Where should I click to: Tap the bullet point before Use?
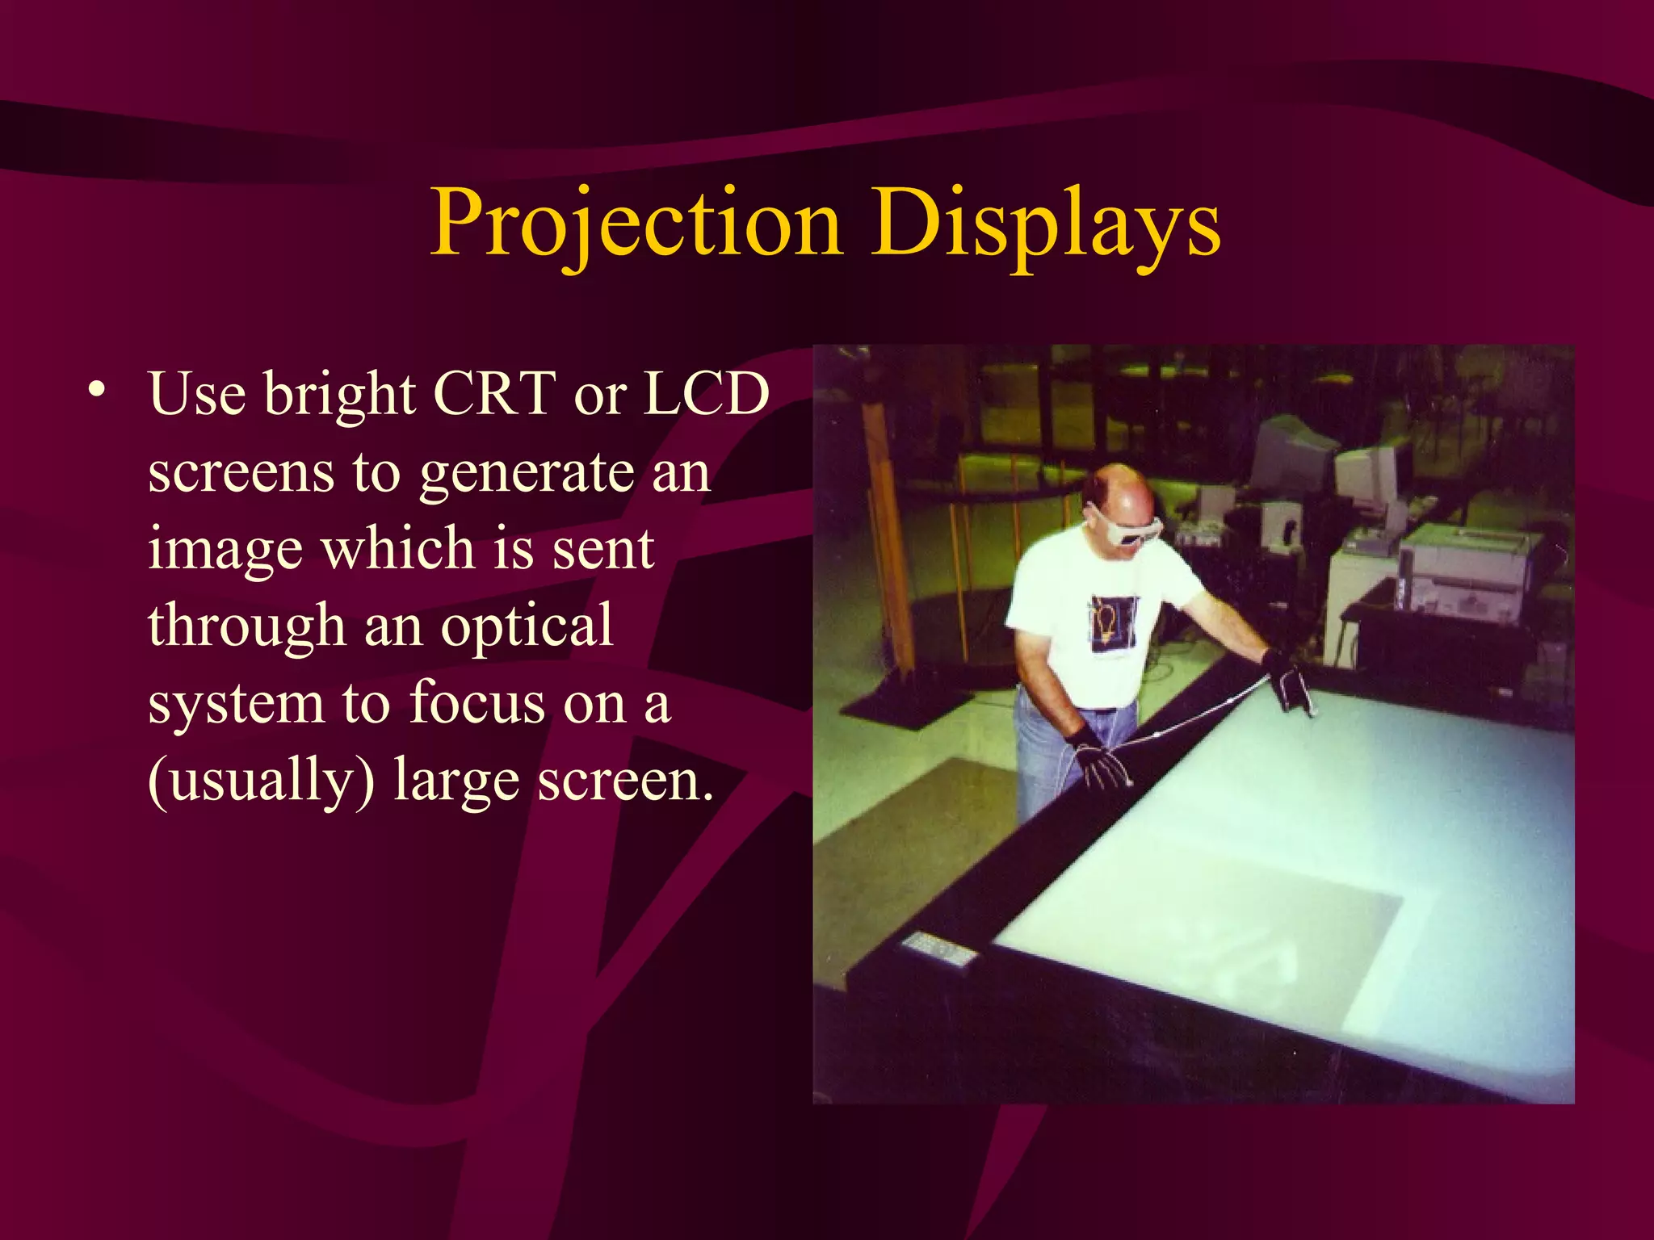pyautogui.click(x=98, y=390)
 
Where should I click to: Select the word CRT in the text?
pyautogui.click(x=494, y=394)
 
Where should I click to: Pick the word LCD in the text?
pyautogui.click(x=706, y=394)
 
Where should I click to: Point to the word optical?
pyautogui.click(x=527, y=626)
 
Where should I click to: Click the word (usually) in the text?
pyautogui.click(x=261, y=781)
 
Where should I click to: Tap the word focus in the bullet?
pyautogui.click(x=477, y=702)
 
